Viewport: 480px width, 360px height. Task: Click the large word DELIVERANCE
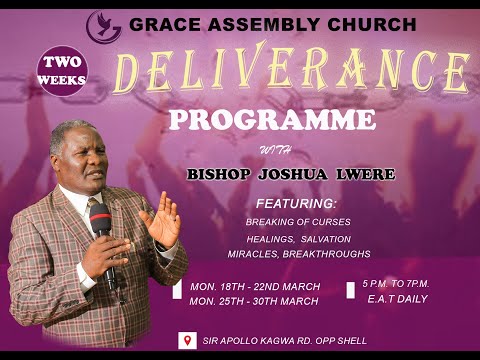[x=290, y=73]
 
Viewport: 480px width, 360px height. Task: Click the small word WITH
[x=270, y=151]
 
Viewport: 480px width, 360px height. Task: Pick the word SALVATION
[x=338, y=238]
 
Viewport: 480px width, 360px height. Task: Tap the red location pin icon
[x=184, y=340]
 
